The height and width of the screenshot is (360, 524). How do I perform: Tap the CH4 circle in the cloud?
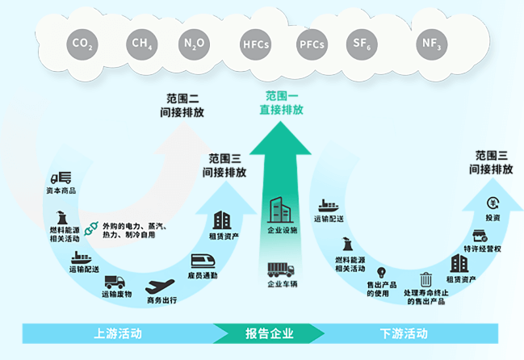pos(140,44)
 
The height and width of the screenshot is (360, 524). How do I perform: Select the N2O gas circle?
pos(195,44)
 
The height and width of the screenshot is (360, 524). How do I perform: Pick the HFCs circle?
pos(256,44)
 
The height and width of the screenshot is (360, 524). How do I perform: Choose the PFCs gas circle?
pos(312,44)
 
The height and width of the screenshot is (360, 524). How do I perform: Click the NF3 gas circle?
pos(430,44)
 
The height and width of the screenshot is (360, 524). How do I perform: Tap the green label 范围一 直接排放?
pos(281,103)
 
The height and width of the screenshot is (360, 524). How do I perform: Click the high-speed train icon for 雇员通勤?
pos(202,261)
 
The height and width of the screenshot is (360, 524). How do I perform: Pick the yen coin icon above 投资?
pos(493,204)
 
